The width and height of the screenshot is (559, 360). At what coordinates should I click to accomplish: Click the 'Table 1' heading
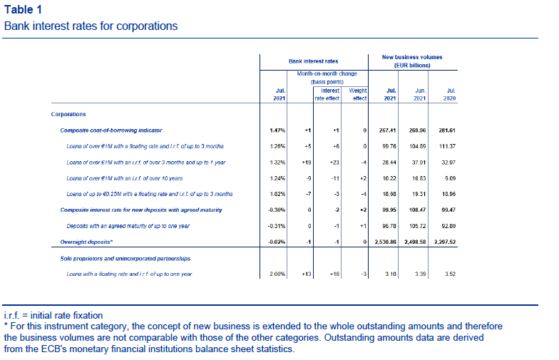point(23,10)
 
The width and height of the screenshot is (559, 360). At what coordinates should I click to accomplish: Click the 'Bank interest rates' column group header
point(314,61)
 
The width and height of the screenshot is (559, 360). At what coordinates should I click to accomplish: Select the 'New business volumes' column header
point(412,57)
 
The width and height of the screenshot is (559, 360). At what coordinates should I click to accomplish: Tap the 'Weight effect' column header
point(358,94)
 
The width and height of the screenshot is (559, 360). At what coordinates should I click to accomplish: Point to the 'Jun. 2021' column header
point(420,94)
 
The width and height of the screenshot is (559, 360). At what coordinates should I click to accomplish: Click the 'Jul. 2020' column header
point(449,94)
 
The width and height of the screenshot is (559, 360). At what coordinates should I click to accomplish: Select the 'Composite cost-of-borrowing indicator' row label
point(111,130)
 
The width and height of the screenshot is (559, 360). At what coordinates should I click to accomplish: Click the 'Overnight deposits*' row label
point(86,242)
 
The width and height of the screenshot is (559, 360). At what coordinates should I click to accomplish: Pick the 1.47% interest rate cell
point(277,130)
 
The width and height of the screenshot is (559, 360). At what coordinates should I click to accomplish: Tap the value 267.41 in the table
point(388,130)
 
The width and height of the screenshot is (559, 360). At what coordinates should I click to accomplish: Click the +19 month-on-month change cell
point(307,163)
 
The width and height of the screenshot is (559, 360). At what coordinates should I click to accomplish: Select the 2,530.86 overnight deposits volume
point(385,242)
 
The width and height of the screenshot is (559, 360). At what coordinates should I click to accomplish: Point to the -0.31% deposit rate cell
point(277,226)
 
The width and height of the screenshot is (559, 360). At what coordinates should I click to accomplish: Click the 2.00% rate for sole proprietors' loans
point(277,274)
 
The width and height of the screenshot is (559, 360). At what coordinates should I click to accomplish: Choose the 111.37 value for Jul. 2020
point(448,147)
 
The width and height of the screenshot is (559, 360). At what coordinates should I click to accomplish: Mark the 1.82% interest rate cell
point(277,194)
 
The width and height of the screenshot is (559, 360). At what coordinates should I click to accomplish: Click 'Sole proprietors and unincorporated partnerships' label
point(125,258)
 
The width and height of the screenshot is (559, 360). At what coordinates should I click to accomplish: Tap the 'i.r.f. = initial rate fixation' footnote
point(53,315)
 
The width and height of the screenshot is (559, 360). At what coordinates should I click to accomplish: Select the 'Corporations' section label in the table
point(68,114)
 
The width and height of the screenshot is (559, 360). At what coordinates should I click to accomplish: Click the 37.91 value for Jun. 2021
point(419,163)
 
